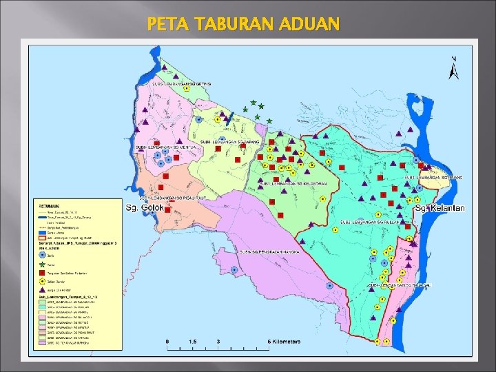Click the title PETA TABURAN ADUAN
[x=243, y=25]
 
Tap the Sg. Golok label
[x=145, y=207]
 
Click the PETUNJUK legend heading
[x=50, y=204]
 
